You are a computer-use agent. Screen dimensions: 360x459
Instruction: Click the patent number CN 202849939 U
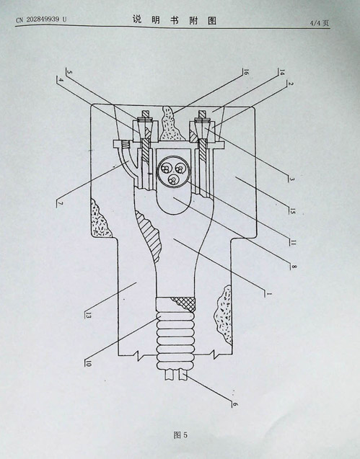(41, 19)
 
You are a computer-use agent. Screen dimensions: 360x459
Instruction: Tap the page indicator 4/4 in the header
(315, 23)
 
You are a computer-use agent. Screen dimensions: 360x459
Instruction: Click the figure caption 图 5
(180, 435)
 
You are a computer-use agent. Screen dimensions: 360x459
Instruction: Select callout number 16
(246, 72)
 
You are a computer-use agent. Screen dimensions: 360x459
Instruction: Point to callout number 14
(282, 72)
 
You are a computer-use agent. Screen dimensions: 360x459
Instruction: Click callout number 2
(290, 84)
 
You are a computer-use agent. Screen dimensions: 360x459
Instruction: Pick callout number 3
(292, 179)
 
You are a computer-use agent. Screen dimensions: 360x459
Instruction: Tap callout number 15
(293, 210)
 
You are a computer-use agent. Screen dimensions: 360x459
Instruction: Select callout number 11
(293, 242)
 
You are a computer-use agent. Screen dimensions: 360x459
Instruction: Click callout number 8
(294, 267)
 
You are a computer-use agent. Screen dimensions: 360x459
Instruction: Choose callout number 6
(234, 404)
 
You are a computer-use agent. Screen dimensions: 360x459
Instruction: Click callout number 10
(88, 364)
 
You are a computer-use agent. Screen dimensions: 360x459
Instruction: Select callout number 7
(60, 203)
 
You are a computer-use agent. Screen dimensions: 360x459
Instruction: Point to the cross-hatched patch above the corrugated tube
(185, 304)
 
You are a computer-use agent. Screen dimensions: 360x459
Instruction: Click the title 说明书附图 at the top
(174, 20)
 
